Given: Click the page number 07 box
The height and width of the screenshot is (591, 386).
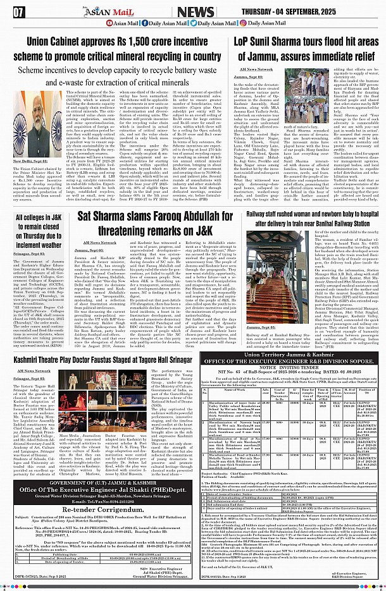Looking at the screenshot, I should tap(18, 11).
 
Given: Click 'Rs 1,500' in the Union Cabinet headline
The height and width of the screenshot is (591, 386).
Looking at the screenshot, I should tap(109, 41).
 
